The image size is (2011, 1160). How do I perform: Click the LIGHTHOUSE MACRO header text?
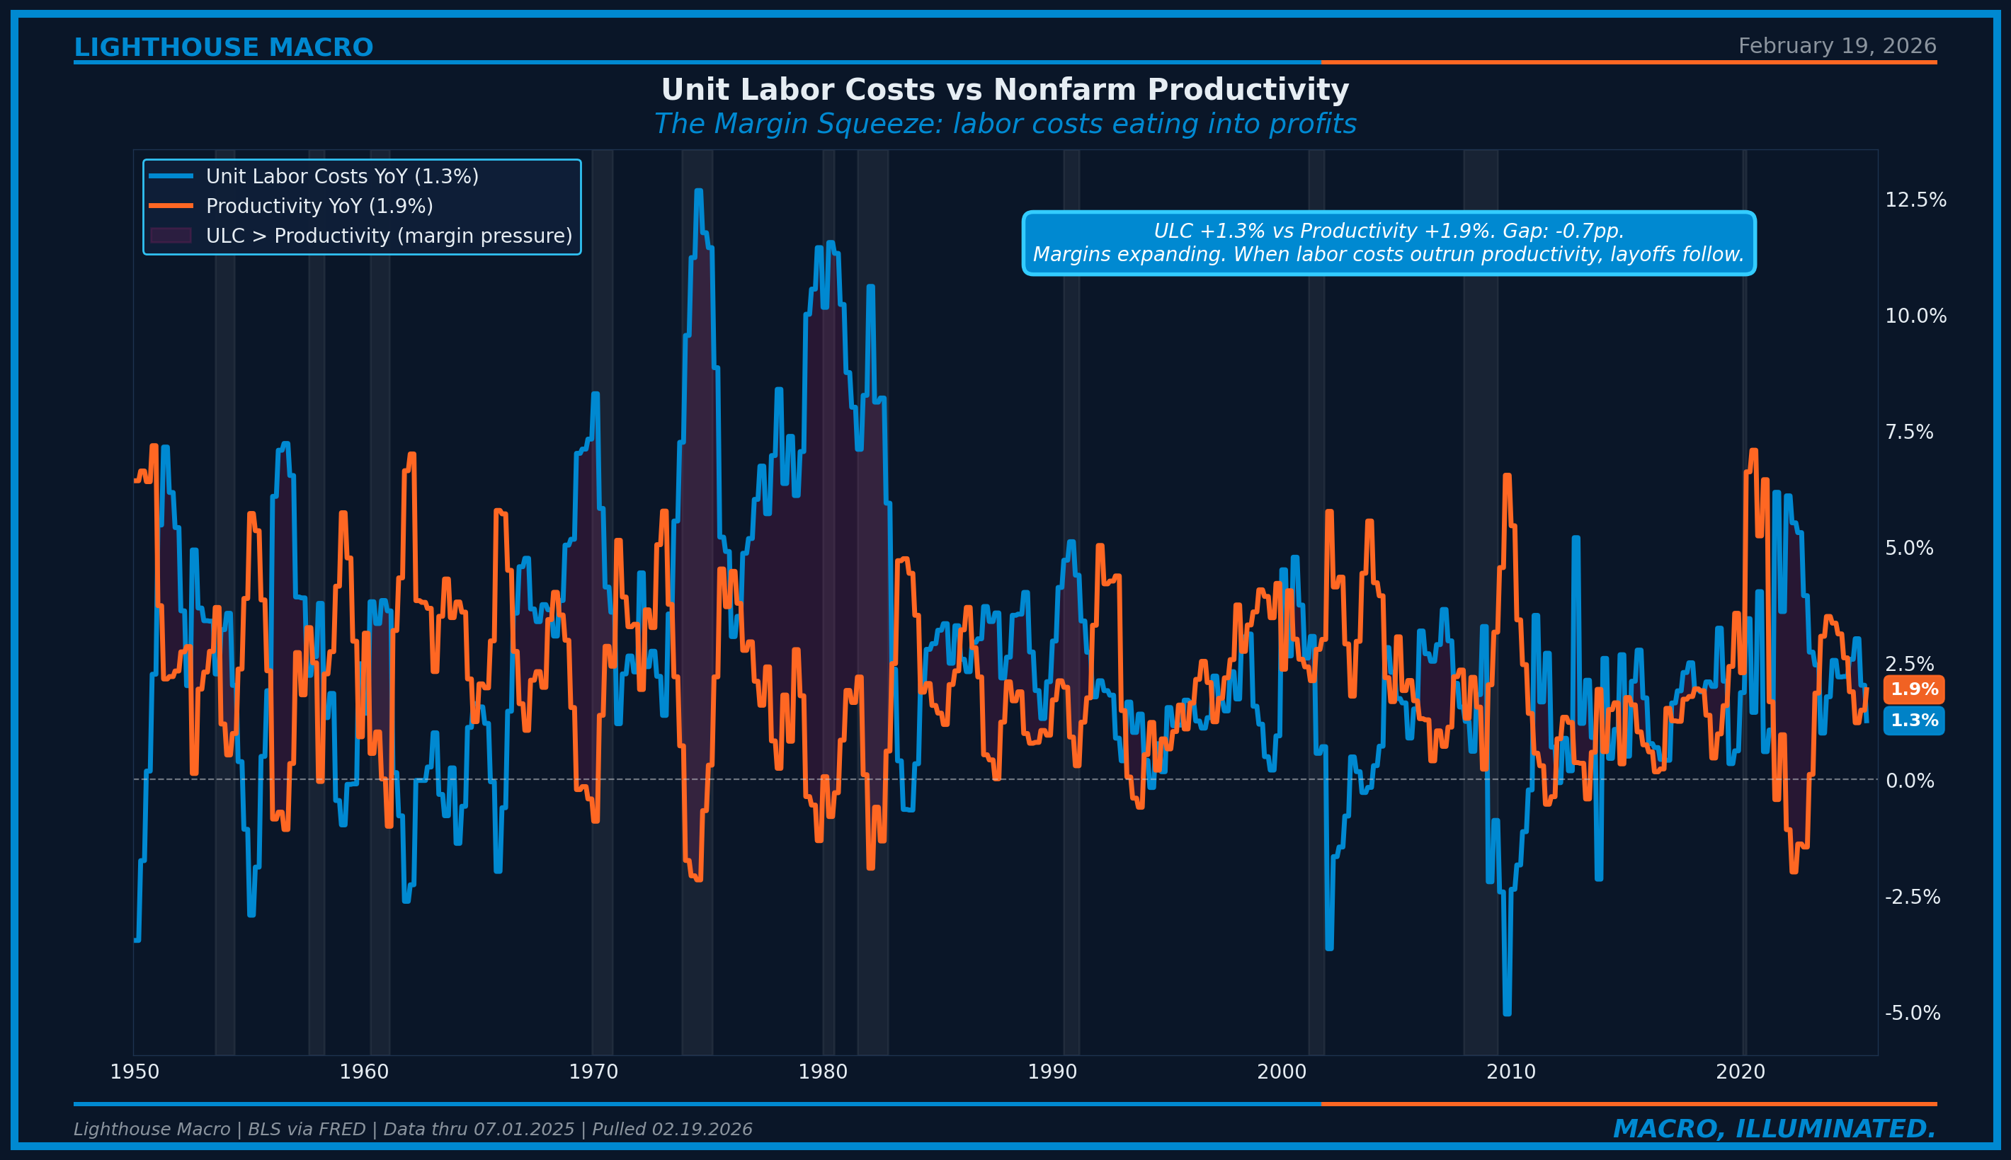coord(223,48)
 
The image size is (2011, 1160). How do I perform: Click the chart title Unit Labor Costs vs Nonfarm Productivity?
coord(1004,90)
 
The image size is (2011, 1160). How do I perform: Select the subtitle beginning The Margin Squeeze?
coord(1004,125)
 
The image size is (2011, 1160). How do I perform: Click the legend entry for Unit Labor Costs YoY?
coord(342,176)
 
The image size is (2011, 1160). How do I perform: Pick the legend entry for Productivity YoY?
coord(319,207)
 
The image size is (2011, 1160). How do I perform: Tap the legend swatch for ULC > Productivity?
coord(171,236)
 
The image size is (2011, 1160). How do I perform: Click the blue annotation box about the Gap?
coord(1388,243)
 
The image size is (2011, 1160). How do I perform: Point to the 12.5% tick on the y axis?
coord(1915,200)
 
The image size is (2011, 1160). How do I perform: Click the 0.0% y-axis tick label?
coord(1909,781)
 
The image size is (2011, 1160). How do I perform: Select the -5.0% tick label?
coord(1911,1013)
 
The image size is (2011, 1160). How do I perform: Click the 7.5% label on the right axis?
coord(1908,432)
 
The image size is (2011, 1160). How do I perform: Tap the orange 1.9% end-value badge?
coord(1913,689)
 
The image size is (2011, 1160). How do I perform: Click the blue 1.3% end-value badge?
coord(1913,720)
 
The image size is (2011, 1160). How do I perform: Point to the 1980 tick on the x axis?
coord(823,1072)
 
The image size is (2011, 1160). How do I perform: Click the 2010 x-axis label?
coord(1510,1072)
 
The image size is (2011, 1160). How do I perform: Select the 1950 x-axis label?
coord(135,1072)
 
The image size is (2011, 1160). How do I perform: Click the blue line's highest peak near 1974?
coord(698,191)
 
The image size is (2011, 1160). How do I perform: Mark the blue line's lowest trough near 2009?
coord(1506,1013)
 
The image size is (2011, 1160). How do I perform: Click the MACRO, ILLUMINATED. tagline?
coord(1774,1129)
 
